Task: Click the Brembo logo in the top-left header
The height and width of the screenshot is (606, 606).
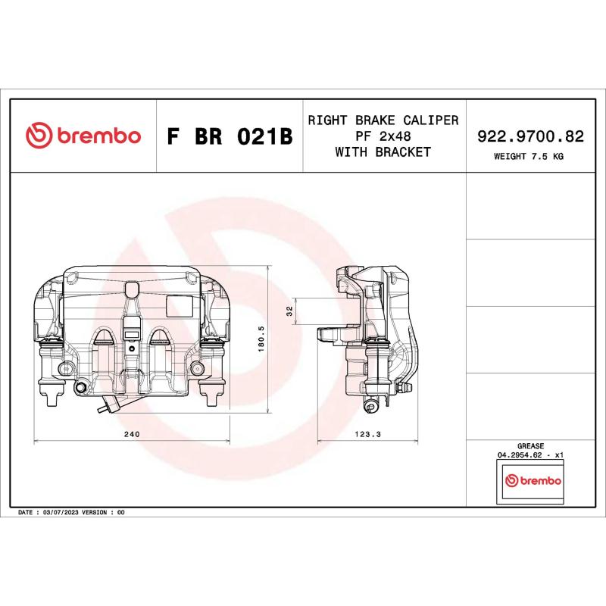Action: [x=83, y=136]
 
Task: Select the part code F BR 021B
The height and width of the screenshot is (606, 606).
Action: [x=229, y=137]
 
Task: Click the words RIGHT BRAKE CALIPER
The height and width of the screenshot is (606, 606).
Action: [x=383, y=120]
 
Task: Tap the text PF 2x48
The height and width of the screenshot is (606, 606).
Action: [x=383, y=136]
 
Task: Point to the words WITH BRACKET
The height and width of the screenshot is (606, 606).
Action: [x=383, y=152]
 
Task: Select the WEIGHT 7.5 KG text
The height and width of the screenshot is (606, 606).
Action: [x=529, y=157]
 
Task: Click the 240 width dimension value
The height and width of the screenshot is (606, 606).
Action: [x=131, y=435]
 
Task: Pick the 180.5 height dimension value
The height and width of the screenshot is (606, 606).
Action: [x=261, y=341]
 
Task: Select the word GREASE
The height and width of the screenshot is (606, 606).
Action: [x=530, y=447]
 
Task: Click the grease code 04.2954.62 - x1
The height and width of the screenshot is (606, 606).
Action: [x=530, y=456]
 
